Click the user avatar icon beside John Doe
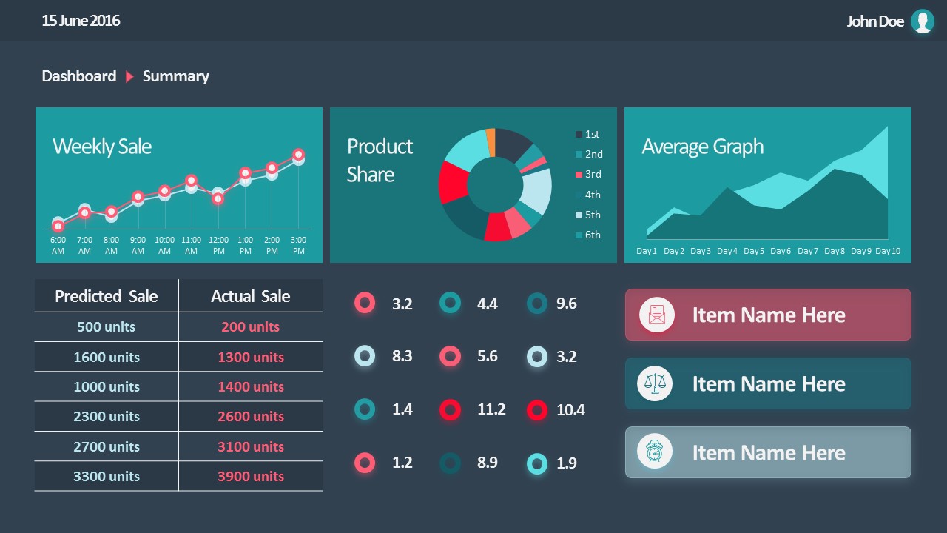coord(922,21)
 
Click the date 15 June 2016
coord(81,21)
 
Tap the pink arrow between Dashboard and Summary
coord(129,76)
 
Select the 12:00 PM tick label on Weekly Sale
coord(218,245)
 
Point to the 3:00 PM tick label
coord(298,245)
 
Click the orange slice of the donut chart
coord(491,141)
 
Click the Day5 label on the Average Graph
coord(754,251)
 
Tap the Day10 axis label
coord(888,251)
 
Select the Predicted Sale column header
coord(107,297)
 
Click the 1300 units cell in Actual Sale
coord(251,357)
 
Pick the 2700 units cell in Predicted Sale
coord(107,446)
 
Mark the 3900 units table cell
coord(251,477)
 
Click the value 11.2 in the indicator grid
coord(491,409)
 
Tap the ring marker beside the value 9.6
coord(537,303)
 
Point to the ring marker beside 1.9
coord(537,463)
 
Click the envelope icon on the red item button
coord(656,315)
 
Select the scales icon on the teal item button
coord(655,383)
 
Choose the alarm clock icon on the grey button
coord(655,452)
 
